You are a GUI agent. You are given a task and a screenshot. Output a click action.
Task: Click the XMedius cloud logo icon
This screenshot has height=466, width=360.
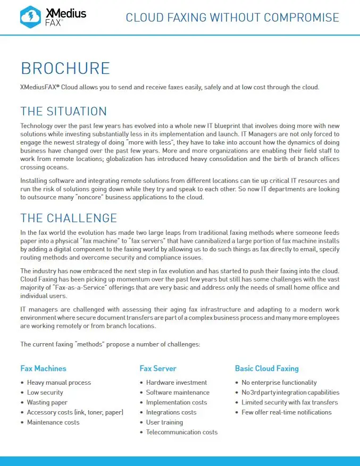pyautogui.click(x=30, y=18)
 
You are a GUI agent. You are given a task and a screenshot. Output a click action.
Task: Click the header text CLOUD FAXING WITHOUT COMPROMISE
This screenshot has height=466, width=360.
pyautogui.click(x=232, y=18)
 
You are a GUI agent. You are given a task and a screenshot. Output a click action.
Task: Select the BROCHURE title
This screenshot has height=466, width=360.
pyautogui.click(x=65, y=69)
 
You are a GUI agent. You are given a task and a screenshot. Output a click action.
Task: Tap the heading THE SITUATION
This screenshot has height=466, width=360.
pyautogui.click(x=63, y=112)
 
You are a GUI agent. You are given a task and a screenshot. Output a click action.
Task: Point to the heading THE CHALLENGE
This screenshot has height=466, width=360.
pyautogui.click(x=68, y=218)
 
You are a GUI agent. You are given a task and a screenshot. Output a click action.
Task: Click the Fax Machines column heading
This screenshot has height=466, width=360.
pyautogui.click(x=43, y=368)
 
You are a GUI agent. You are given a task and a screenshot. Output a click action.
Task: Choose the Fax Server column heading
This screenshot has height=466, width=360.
pyautogui.click(x=158, y=368)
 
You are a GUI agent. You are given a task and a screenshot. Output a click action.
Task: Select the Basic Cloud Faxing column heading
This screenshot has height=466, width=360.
pyautogui.click(x=266, y=368)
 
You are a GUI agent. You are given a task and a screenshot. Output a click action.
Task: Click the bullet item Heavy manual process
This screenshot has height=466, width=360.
pyautogui.click(x=59, y=383)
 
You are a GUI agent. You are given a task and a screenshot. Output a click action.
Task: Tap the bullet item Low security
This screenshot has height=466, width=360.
pyautogui.click(x=45, y=393)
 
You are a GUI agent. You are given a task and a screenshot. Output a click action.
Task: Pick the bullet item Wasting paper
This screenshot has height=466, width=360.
pyautogui.click(x=47, y=402)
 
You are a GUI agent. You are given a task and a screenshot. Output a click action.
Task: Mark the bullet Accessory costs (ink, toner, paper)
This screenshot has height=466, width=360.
pyautogui.click(x=75, y=412)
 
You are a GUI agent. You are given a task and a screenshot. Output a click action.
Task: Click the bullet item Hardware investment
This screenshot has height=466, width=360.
pyautogui.click(x=177, y=383)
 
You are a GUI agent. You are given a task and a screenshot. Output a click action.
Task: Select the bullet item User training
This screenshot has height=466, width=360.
pyautogui.click(x=164, y=422)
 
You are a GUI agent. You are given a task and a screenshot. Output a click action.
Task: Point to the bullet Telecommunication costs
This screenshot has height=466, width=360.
pyautogui.click(x=182, y=432)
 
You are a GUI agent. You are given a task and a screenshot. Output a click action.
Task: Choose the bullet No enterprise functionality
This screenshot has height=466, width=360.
pyautogui.click(x=279, y=383)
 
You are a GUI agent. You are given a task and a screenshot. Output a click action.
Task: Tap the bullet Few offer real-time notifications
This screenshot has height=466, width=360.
pyautogui.click(x=286, y=412)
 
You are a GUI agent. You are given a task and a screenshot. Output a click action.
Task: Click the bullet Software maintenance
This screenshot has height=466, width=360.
pyautogui.click(x=178, y=393)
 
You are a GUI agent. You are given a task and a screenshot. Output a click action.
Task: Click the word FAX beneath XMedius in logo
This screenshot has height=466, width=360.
pyautogui.click(x=52, y=23)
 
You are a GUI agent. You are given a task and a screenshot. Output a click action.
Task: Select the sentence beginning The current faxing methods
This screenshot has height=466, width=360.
pyautogui.click(x=110, y=344)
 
